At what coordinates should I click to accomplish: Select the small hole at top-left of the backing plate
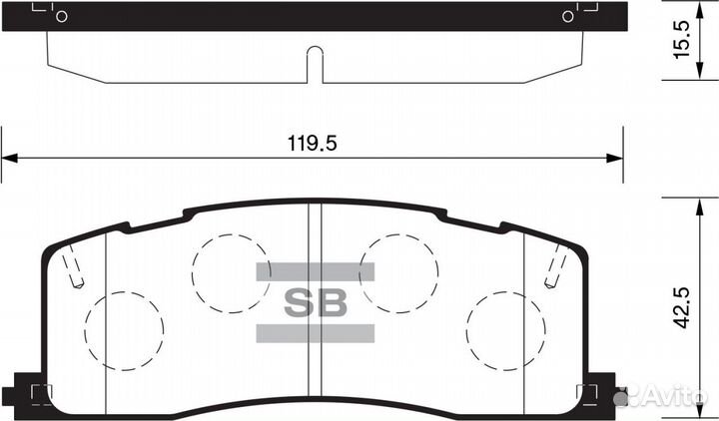[61, 16]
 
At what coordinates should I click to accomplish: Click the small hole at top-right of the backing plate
[568, 16]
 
